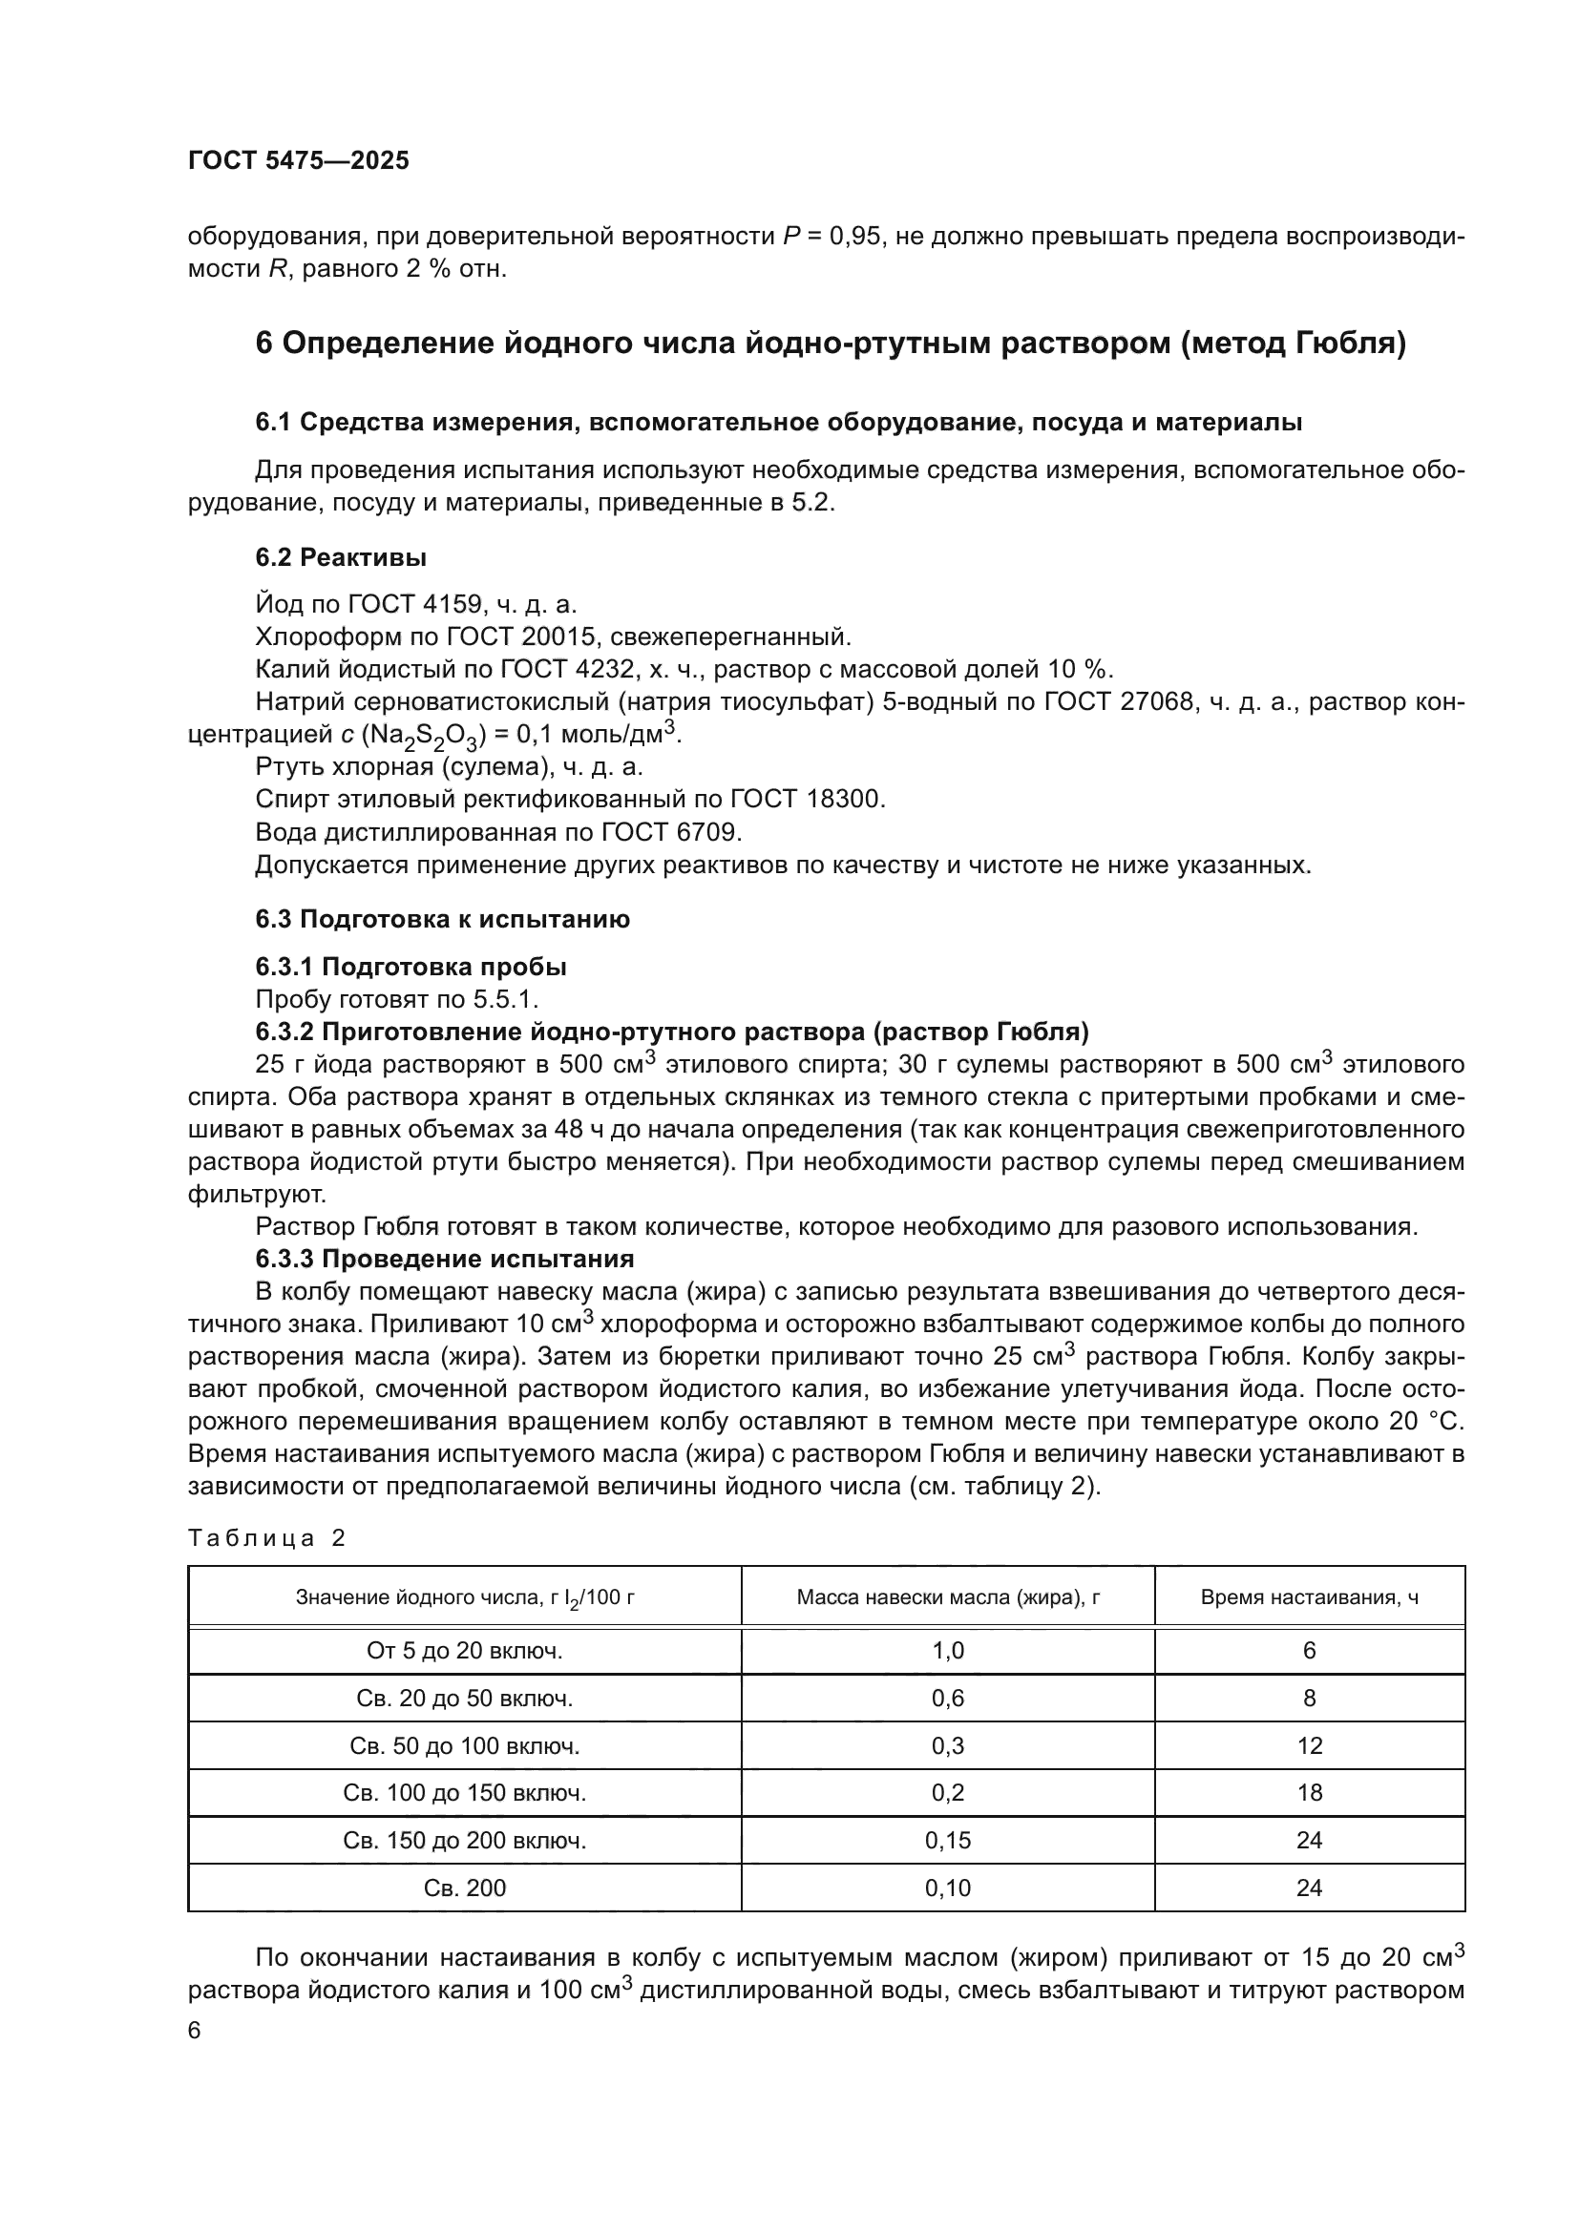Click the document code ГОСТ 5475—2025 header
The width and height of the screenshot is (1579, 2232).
pyautogui.click(x=299, y=161)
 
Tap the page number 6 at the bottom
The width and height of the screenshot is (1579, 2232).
pyautogui.click(x=195, y=2031)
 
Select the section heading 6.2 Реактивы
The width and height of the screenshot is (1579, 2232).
pyautogui.click(x=340, y=558)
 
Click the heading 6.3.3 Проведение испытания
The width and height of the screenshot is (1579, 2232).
pyautogui.click(x=444, y=1259)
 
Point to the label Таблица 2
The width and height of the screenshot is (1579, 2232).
pyautogui.click(x=266, y=1538)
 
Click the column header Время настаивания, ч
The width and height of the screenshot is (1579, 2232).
pyautogui.click(x=1309, y=1597)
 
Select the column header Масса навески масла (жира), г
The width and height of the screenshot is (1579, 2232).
pyautogui.click(x=947, y=1597)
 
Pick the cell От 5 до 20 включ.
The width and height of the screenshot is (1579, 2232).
pyautogui.click(x=465, y=1651)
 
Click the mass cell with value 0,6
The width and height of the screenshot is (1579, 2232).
pyautogui.click(x=947, y=1699)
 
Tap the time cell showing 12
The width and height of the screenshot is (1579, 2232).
pyautogui.click(x=1309, y=1746)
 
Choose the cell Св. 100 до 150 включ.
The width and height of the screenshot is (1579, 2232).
pyautogui.click(x=465, y=1793)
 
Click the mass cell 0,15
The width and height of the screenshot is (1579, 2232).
pyautogui.click(x=947, y=1840)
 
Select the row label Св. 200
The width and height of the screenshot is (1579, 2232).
pyautogui.click(x=465, y=1888)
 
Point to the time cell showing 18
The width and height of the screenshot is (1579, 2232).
pyautogui.click(x=1309, y=1793)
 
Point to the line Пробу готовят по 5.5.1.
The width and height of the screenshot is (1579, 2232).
pyautogui.click(x=397, y=999)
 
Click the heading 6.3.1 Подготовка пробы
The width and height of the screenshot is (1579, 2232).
pyautogui.click(x=411, y=968)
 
